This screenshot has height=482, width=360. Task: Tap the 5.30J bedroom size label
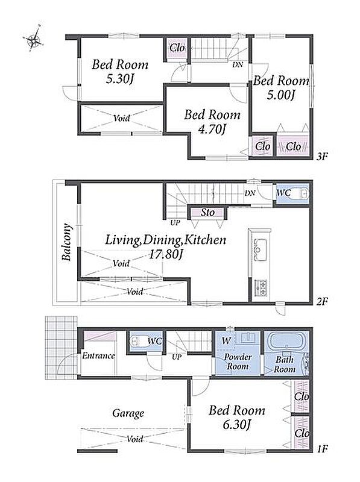click(120, 80)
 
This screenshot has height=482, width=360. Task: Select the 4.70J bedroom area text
click(212, 130)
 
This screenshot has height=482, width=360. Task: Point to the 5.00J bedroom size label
click(280, 95)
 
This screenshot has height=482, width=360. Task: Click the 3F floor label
click(322, 157)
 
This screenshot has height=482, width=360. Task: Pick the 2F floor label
click(322, 302)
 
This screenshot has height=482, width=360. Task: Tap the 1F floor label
click(322, 449)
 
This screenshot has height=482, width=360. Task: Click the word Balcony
click(67, 242)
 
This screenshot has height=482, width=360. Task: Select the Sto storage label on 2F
click(207, 212)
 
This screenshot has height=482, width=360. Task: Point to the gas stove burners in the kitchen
click(261, 287)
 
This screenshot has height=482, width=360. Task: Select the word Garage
click(128, 413)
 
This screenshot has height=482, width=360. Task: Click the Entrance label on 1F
click(98, 355)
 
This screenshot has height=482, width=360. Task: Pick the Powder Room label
click(237, 361)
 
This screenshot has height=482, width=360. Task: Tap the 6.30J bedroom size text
click(237, 425)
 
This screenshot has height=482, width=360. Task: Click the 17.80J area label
click(166, 254)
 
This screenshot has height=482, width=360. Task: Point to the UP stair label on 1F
click(177, 357)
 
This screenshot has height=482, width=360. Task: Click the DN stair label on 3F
click(238, 64)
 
